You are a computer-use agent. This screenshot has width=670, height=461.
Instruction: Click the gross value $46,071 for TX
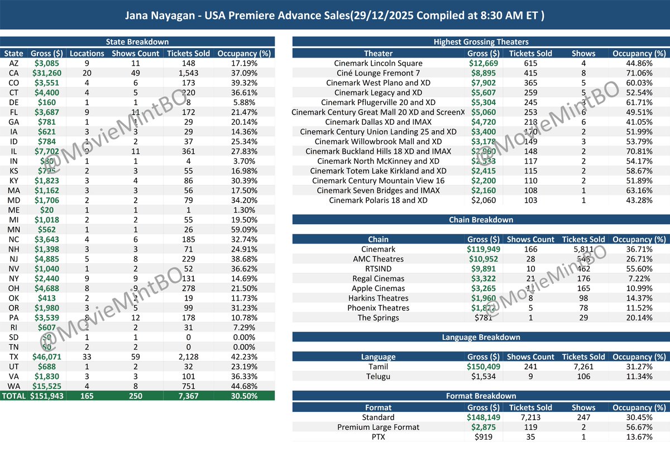(47, 357)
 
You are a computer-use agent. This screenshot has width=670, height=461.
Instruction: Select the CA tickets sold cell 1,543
(188, 73)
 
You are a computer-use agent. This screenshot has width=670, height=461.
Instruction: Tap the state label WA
(14, 386)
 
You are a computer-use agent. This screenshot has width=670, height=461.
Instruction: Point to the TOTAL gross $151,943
(46, 396)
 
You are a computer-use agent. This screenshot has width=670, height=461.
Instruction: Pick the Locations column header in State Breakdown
(87, 54)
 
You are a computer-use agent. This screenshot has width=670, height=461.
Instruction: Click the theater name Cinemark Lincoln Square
(378, 63)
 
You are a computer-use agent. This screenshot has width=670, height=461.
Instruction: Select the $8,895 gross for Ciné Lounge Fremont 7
(484, 73)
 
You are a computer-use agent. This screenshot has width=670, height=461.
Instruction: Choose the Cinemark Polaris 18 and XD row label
(378, 200)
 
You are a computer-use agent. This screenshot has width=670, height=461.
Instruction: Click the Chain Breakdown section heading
(481, 220)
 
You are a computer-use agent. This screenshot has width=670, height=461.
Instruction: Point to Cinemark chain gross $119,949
(484, 249)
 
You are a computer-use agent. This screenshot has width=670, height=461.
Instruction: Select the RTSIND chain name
(378, 269)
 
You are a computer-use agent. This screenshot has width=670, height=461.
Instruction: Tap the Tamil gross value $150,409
(484, 367)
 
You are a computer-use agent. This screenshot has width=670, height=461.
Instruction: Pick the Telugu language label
(378, 376)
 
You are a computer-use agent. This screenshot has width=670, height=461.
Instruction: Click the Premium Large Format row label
(378, 427)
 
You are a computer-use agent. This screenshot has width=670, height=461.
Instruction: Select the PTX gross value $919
(484, 436)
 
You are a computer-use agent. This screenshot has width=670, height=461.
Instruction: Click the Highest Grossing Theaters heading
(481, 42)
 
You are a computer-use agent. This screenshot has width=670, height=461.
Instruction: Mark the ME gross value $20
(47, 210)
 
